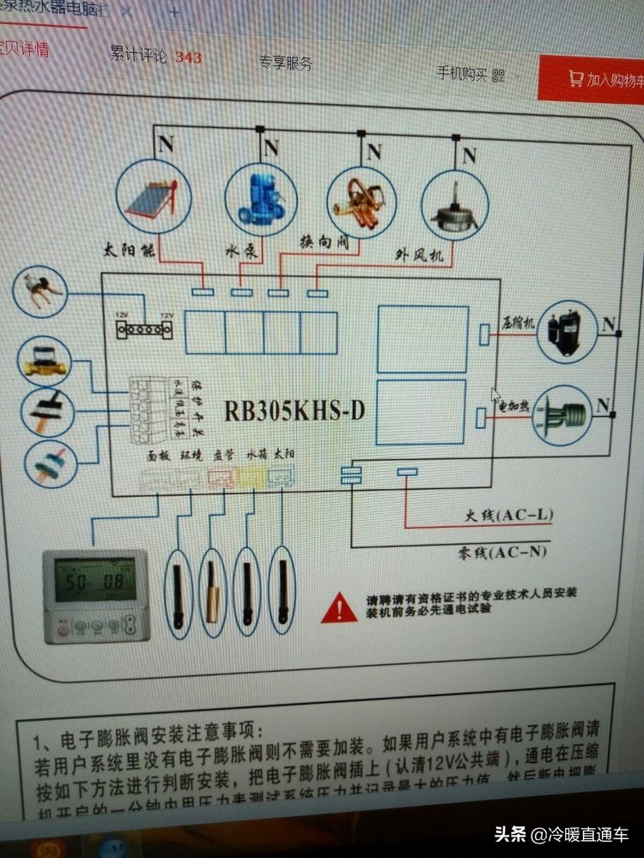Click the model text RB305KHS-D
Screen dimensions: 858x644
point(295,411)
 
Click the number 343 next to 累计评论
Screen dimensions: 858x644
point(188,57)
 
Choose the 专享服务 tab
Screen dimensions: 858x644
point(285,63)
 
